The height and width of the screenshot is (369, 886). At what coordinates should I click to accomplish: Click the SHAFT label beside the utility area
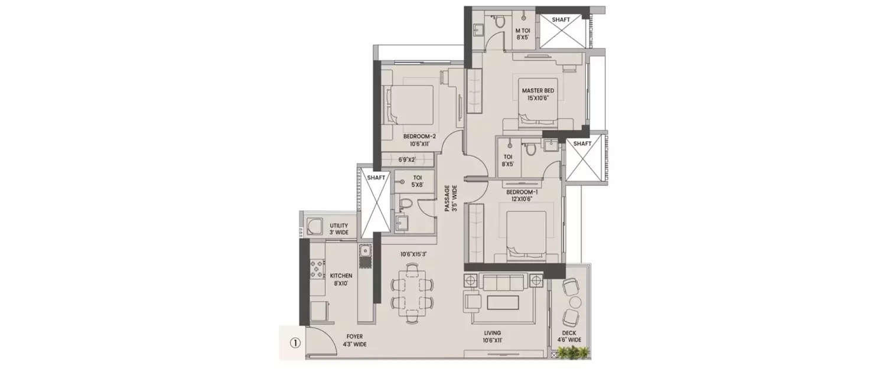pos(376,177)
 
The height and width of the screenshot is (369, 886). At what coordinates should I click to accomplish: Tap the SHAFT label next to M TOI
pos(561,19)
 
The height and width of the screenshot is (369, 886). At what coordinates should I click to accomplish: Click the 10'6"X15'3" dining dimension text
pos(413,254)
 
